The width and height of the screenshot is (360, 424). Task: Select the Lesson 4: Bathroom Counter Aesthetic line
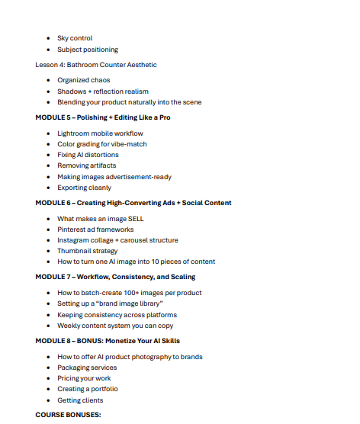click(96, 65)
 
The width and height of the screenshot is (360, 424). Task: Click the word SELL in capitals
click(134, 219)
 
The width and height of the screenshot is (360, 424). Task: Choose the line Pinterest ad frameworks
click(95, 230)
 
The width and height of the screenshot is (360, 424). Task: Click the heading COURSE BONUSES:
click(68, 415)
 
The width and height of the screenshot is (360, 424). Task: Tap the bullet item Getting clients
click(80, 400)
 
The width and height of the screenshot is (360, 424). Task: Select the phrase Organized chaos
click(83, 80)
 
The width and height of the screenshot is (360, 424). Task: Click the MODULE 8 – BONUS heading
click(108, 341)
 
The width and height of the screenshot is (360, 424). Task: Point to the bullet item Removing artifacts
click(88, 165)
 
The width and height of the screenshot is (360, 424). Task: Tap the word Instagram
click(76, 240)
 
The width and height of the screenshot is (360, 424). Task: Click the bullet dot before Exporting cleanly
click(48, 188)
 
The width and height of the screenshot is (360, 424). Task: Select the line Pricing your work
click(84, 378)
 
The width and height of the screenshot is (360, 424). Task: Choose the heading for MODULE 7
click(115, 277)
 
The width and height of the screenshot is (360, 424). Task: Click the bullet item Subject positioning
click(88, 50)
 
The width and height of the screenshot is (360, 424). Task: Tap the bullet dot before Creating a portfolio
click(48, 389)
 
